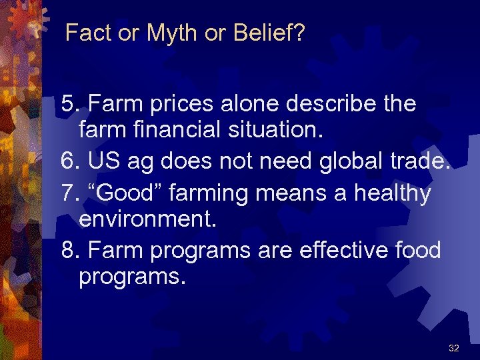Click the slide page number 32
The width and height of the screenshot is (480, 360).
[x=454, y=348]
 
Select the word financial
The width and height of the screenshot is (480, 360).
[x=170, y=131]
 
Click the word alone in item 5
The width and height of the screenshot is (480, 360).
[x=247, y=104]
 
